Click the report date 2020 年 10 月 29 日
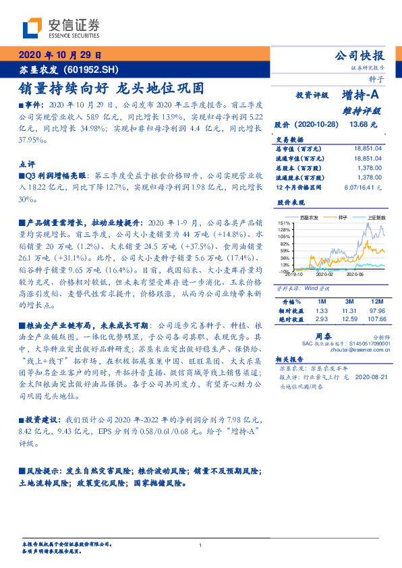[60, 55]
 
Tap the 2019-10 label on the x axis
[293, 274]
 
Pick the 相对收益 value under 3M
[348, 310]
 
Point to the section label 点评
[26, 164]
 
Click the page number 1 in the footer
[201, 545]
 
